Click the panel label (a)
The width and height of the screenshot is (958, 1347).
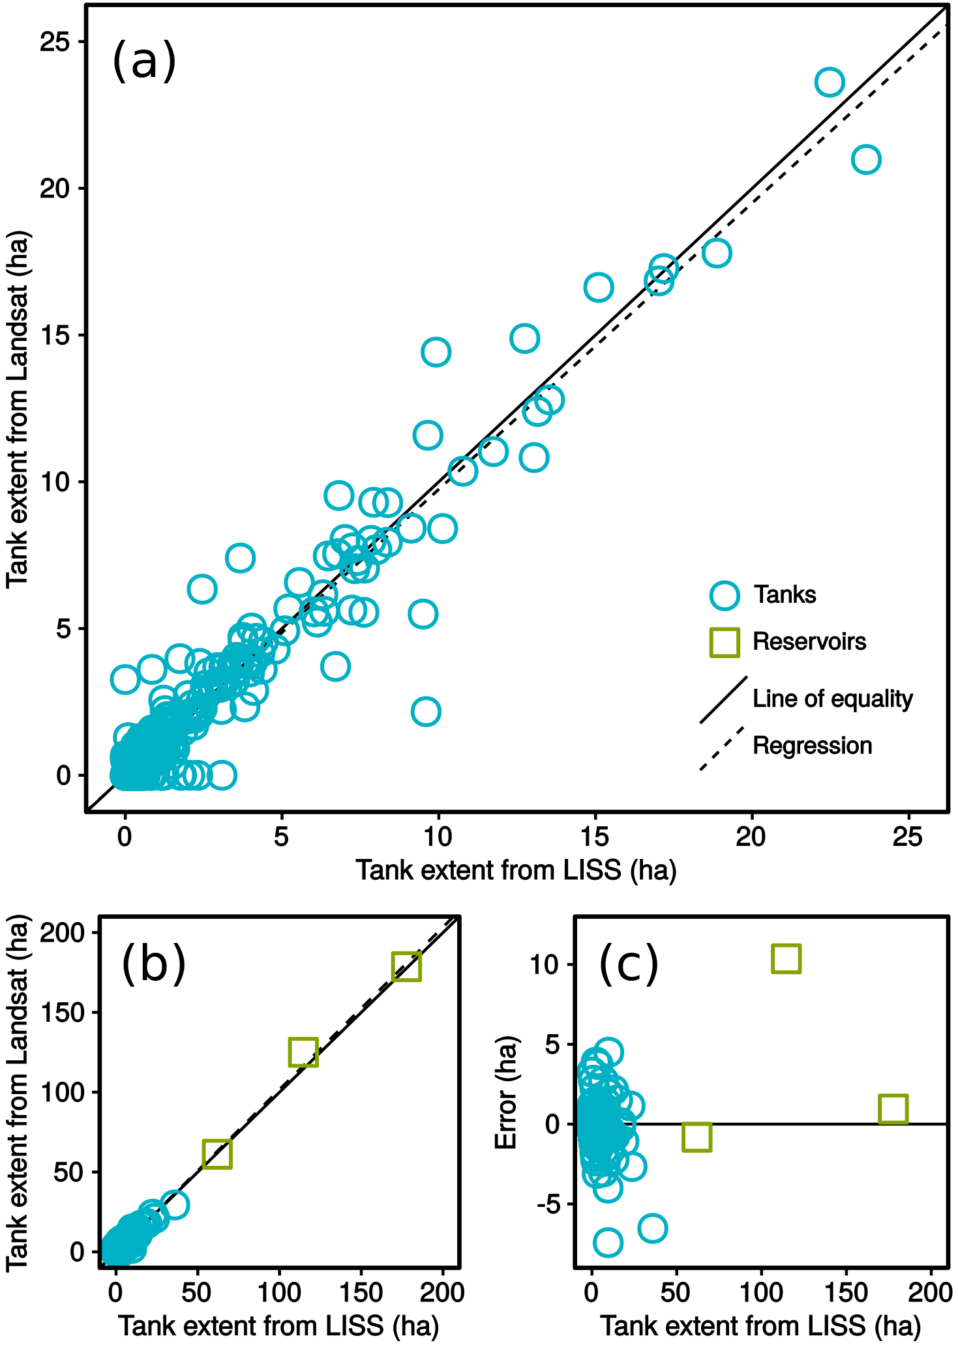144,61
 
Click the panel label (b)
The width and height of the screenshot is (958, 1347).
154,964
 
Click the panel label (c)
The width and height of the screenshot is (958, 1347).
628,964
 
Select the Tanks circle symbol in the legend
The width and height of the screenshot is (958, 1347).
724,595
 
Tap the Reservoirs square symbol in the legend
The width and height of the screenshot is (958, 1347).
724,642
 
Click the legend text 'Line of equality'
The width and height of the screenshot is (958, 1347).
832,699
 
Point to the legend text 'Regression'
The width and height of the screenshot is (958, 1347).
812,746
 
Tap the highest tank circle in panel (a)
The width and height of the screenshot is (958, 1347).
830,83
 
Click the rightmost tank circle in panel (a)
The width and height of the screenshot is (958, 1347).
866,160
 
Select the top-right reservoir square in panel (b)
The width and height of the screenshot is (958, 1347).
406,966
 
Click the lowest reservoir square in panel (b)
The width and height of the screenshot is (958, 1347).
217,1153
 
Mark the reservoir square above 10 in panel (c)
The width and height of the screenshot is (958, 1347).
786,959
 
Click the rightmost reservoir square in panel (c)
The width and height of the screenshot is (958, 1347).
893,1108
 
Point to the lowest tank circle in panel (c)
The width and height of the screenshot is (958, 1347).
608,1243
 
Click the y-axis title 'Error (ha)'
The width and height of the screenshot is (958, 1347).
506,1093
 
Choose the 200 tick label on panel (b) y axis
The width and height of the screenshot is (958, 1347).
63,933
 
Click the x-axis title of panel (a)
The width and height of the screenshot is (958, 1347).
516,870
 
